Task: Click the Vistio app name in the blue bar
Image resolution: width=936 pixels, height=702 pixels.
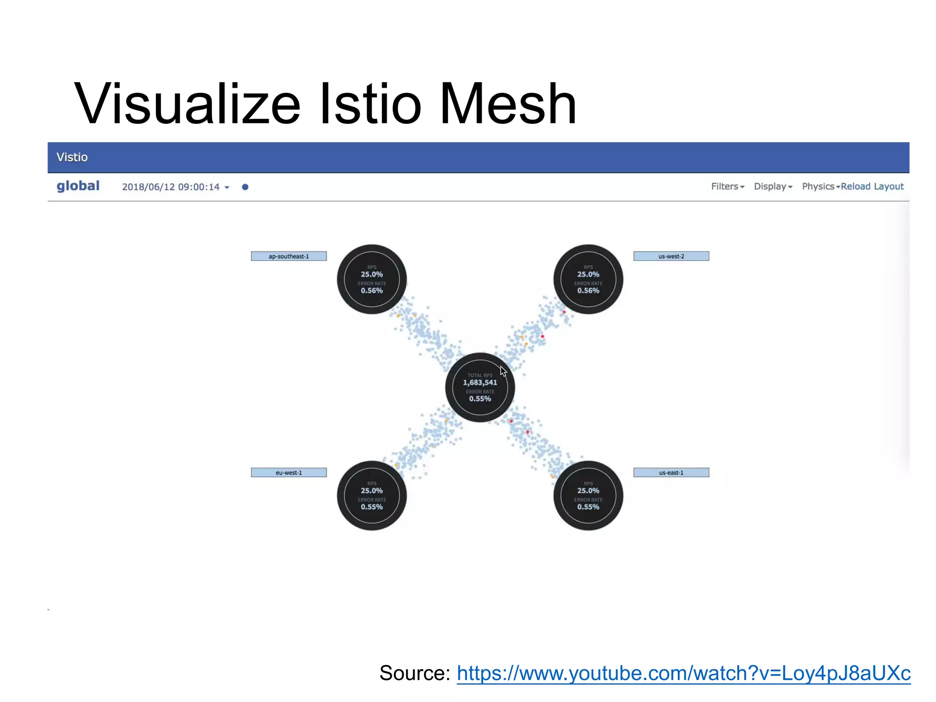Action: pos(72,157)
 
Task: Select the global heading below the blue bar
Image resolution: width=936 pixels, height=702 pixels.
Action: pos(78,186)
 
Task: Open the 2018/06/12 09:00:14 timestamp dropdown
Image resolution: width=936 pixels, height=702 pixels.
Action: pos(175,187)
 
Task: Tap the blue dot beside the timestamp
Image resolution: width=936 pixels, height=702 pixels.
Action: pos(245,187)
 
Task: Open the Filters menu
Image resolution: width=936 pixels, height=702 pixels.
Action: pos(727,186)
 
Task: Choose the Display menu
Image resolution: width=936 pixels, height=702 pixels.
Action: pos(772,186)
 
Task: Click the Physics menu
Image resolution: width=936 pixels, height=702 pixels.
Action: pos(820,186)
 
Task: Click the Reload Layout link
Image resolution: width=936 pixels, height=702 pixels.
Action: pos(872,186)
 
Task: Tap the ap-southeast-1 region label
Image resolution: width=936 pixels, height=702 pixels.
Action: pos(289,256)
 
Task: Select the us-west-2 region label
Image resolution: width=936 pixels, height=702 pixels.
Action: pos(671,256)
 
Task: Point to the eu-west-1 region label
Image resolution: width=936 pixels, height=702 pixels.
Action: pos(289,473)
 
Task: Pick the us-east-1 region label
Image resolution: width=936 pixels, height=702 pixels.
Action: pos(671,473)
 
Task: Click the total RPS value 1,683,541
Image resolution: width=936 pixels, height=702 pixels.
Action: pos(480,383)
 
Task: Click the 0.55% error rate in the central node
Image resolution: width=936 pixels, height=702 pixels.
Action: pos(480,399)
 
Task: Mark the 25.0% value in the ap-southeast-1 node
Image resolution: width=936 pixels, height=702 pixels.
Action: pos(372,274)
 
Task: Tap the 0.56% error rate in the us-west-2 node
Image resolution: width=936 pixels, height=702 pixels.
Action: pos(588,291)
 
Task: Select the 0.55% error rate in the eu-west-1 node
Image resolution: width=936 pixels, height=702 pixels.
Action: pos(372,507)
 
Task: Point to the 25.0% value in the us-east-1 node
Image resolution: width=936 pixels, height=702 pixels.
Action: pos(588,490)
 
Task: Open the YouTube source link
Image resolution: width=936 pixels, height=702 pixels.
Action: pos(683,673)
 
